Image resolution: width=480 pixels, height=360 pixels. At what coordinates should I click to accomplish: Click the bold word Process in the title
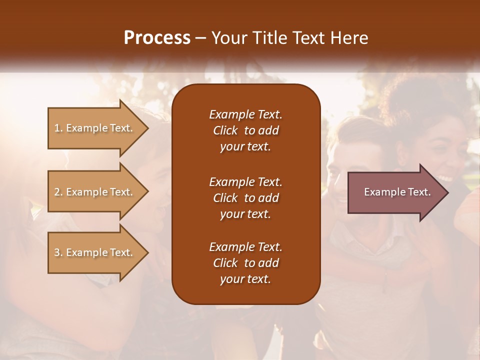click(x=157, y=38)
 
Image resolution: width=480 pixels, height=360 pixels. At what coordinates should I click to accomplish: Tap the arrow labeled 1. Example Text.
click(x=95, y=128)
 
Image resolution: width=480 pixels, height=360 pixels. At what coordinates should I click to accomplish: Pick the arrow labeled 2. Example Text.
click(x=95, y=192)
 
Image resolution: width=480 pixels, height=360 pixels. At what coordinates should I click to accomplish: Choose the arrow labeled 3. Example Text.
click(x=95, y=252)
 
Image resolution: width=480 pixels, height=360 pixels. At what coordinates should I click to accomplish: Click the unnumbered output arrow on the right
click(x=395, y=192)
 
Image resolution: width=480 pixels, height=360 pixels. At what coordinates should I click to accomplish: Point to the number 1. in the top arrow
click(x=58, y=128)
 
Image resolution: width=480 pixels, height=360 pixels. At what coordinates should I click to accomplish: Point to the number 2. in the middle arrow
click(x=58, y=192)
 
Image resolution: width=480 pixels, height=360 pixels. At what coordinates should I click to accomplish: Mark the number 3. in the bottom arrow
click(x=58, y=252)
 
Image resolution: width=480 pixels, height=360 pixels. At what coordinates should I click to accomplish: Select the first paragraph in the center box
click(x=245, y=130)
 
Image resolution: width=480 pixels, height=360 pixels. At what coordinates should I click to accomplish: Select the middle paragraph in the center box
click(x=245, y=197)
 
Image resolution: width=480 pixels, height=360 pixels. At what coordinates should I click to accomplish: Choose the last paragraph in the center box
click(x=245, y=263)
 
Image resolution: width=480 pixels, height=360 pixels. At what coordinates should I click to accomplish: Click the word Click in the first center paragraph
click(x=225, y=130)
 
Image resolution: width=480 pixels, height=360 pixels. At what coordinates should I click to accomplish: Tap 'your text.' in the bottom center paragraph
click(x=245, y=279)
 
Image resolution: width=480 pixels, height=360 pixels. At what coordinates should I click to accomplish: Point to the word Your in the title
click(x=228, y=38)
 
